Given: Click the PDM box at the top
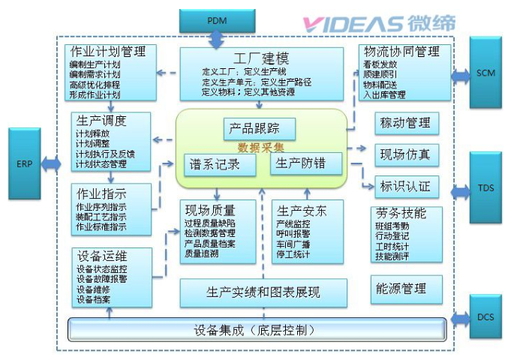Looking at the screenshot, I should (x=212, y=19).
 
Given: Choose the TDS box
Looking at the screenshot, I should (x=488, y=187).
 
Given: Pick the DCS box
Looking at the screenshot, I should (x=488, y=316).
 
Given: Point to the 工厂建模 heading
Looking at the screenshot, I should (x=261, y=58).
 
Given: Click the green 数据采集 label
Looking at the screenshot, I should (x=260, y=147).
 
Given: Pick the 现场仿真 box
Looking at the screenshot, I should (x=405, y=154).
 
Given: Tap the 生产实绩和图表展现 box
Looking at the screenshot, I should (x=263, y=292).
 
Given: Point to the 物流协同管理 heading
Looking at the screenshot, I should (x=401, y=52).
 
